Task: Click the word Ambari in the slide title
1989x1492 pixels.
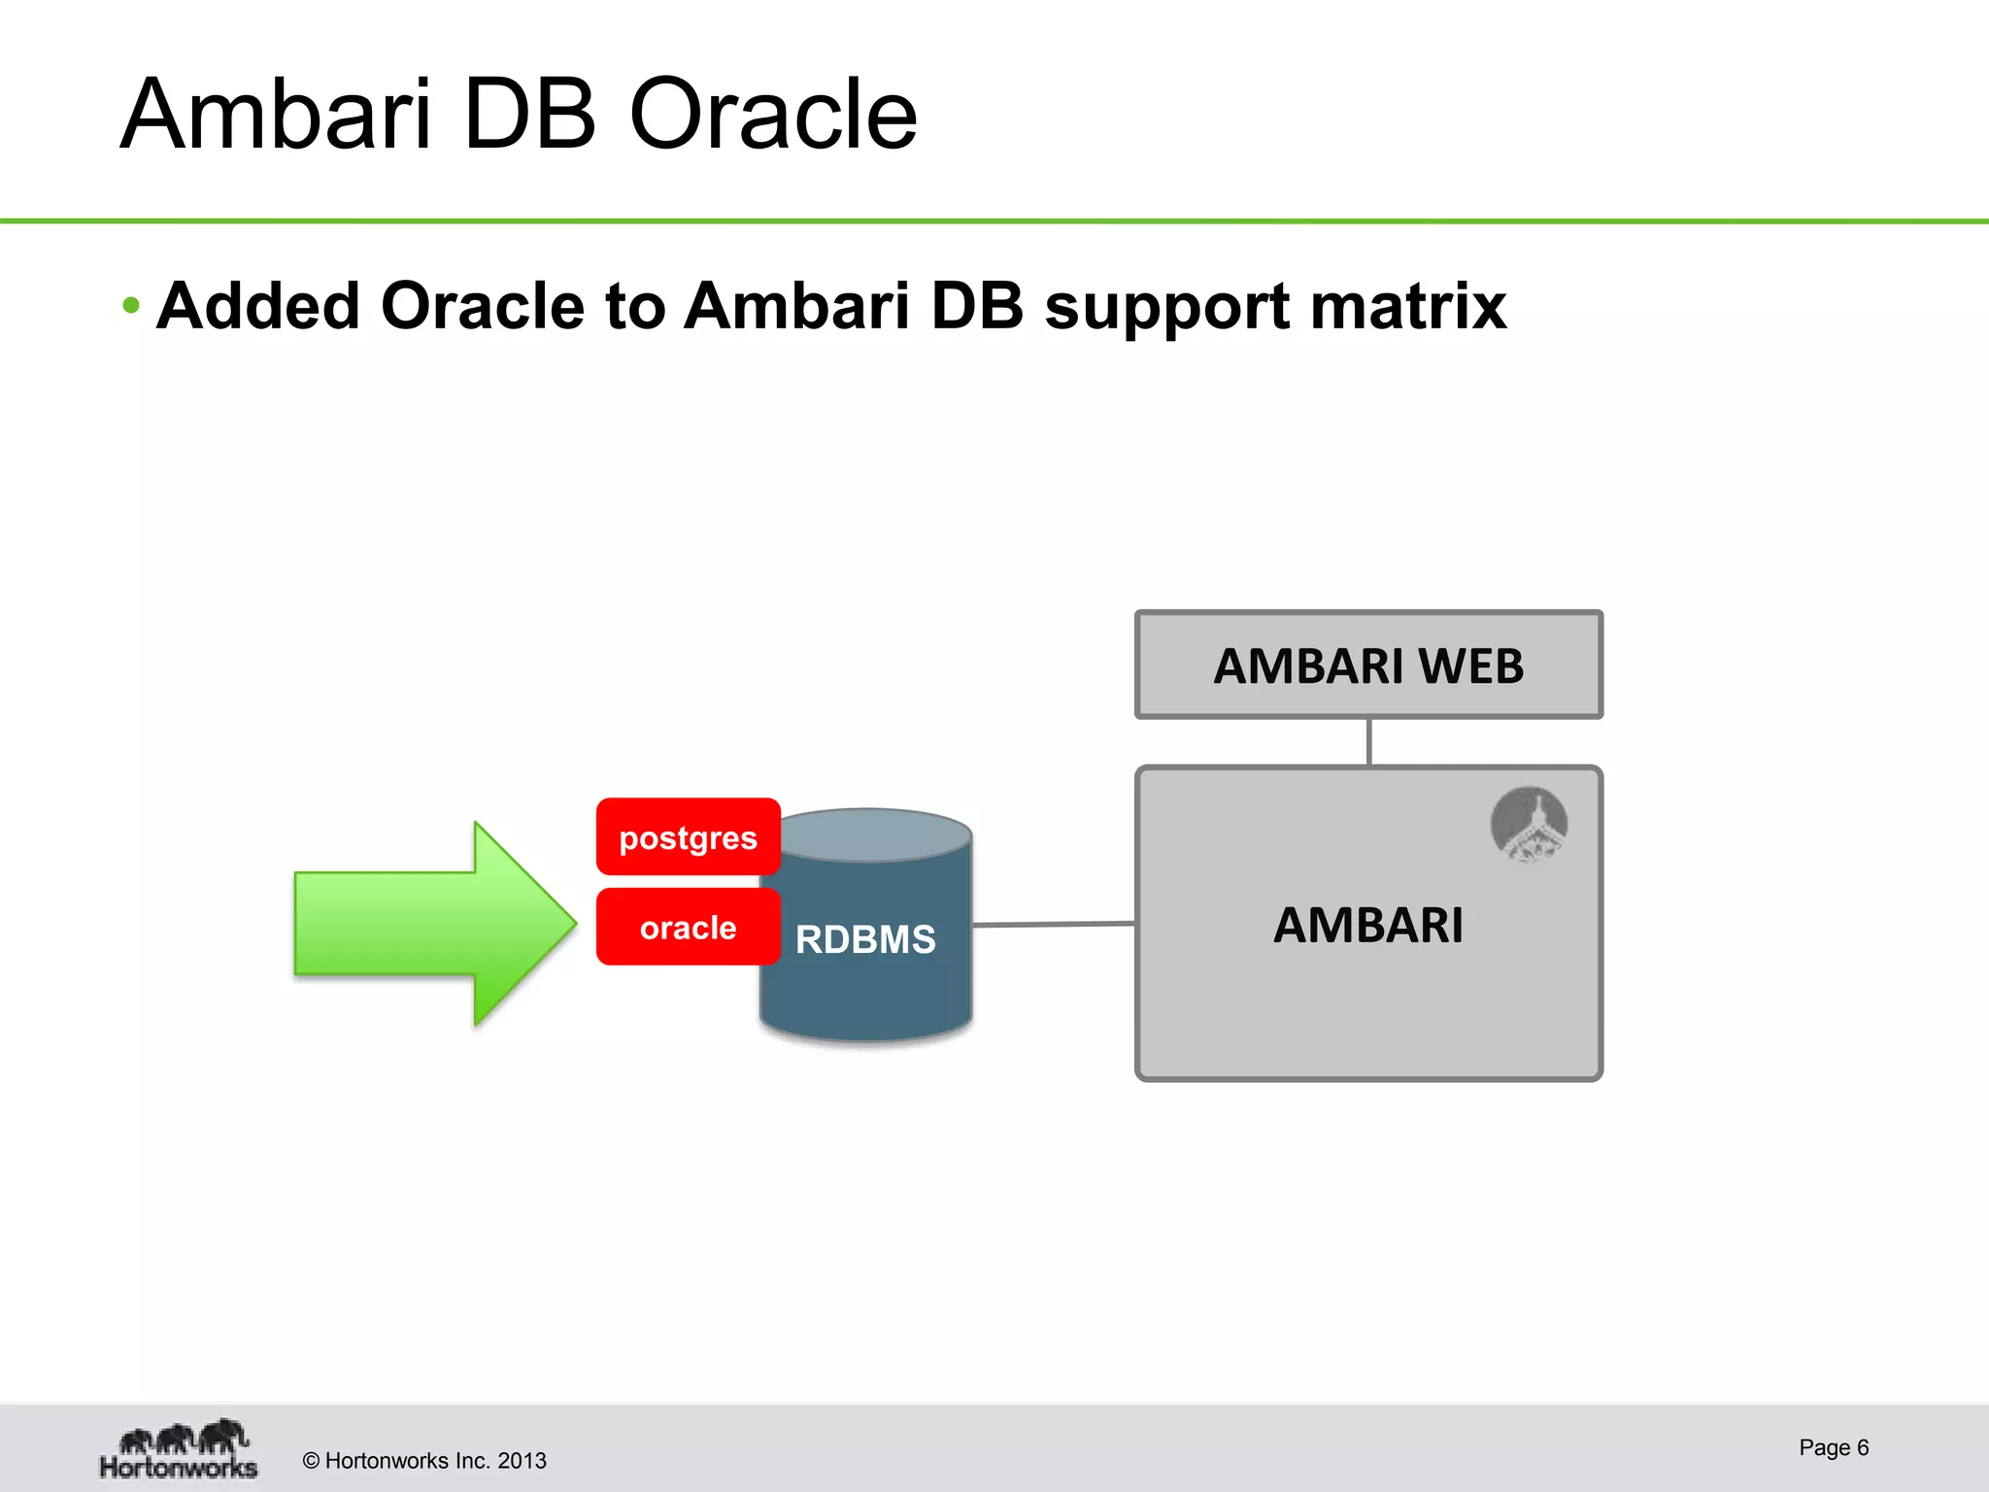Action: [x=275, y=116]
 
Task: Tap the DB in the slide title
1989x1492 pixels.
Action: [x=529, y=116]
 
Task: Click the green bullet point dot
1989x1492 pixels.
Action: [x=131, y=307]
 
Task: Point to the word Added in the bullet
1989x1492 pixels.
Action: [x=258, y=307]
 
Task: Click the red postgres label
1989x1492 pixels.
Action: [x=688, y=837]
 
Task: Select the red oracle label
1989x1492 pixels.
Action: [x=688, y=928]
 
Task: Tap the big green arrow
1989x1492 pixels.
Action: [x=427, y=923]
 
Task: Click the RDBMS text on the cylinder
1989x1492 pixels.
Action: [x=865, y=939]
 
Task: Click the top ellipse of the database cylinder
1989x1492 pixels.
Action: [x=874, y=833]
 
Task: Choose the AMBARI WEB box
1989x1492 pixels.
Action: [x=1367, y=665]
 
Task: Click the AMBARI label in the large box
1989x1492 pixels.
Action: [x=1367, y=925]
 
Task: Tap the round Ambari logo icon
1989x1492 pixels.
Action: [x=1529, y=825]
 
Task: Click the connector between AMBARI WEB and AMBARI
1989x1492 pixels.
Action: [x=1368, y=742]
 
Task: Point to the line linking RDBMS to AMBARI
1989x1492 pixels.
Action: [x=1054, y=924]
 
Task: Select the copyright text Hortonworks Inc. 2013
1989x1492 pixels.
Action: [x=424, y=1461]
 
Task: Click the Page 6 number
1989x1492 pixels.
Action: [x=1833, y=1447]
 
